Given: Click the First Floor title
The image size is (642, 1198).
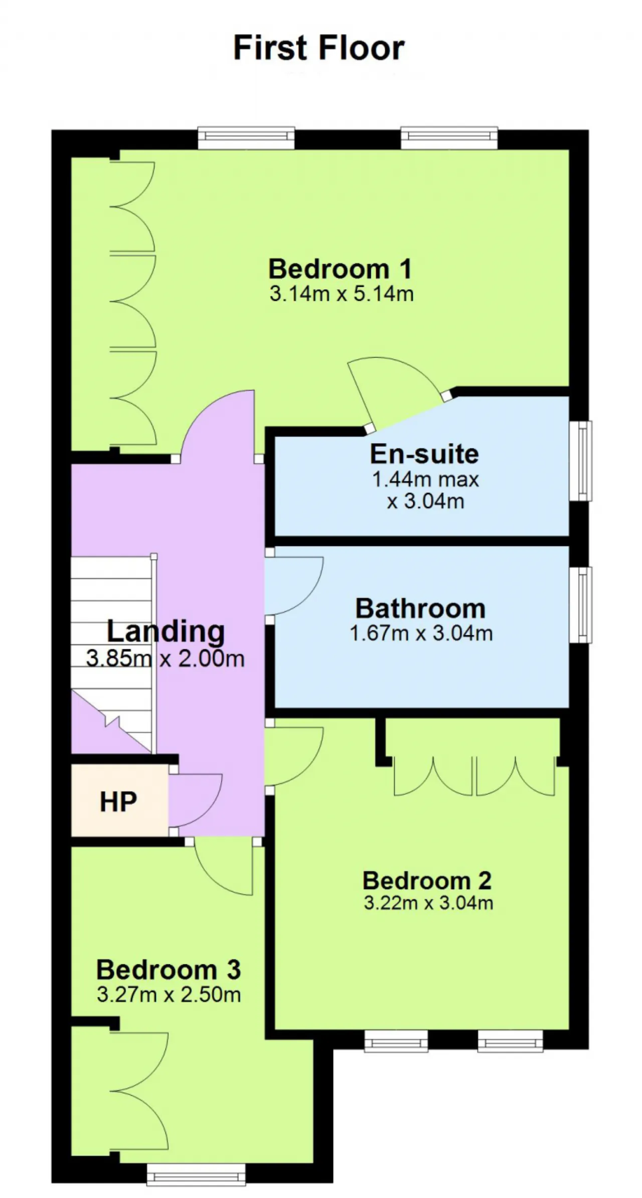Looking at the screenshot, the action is click(319, 48).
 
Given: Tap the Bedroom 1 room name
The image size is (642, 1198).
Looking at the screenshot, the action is click(341, 269).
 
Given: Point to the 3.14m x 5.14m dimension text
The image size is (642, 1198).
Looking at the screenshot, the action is click(342, 293).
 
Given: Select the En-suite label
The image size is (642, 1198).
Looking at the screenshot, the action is click(424, 454).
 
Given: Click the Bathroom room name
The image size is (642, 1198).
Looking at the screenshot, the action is click(420, 609).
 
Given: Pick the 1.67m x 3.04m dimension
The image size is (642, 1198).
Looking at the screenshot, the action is click(421, 633).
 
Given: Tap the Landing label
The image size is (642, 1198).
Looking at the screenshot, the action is click(166, 631).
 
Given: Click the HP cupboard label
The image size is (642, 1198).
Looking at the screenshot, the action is click(118, 802).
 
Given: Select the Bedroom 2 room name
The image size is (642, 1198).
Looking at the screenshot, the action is click(427, 881).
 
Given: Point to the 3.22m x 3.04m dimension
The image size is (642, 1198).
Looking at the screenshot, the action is click(428, 903).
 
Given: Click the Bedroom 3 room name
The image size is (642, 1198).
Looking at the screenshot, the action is click(169, 970).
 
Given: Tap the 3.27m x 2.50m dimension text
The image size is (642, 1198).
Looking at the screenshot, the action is click(169, 994).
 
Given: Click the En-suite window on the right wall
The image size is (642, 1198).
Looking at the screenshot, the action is click(581, 461).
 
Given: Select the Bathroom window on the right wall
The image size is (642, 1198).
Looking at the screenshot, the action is click(581, 605).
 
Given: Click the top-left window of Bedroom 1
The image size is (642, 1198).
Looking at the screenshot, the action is click(246, 138).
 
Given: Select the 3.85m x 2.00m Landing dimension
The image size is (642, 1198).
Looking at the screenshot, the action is click(166, 658).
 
